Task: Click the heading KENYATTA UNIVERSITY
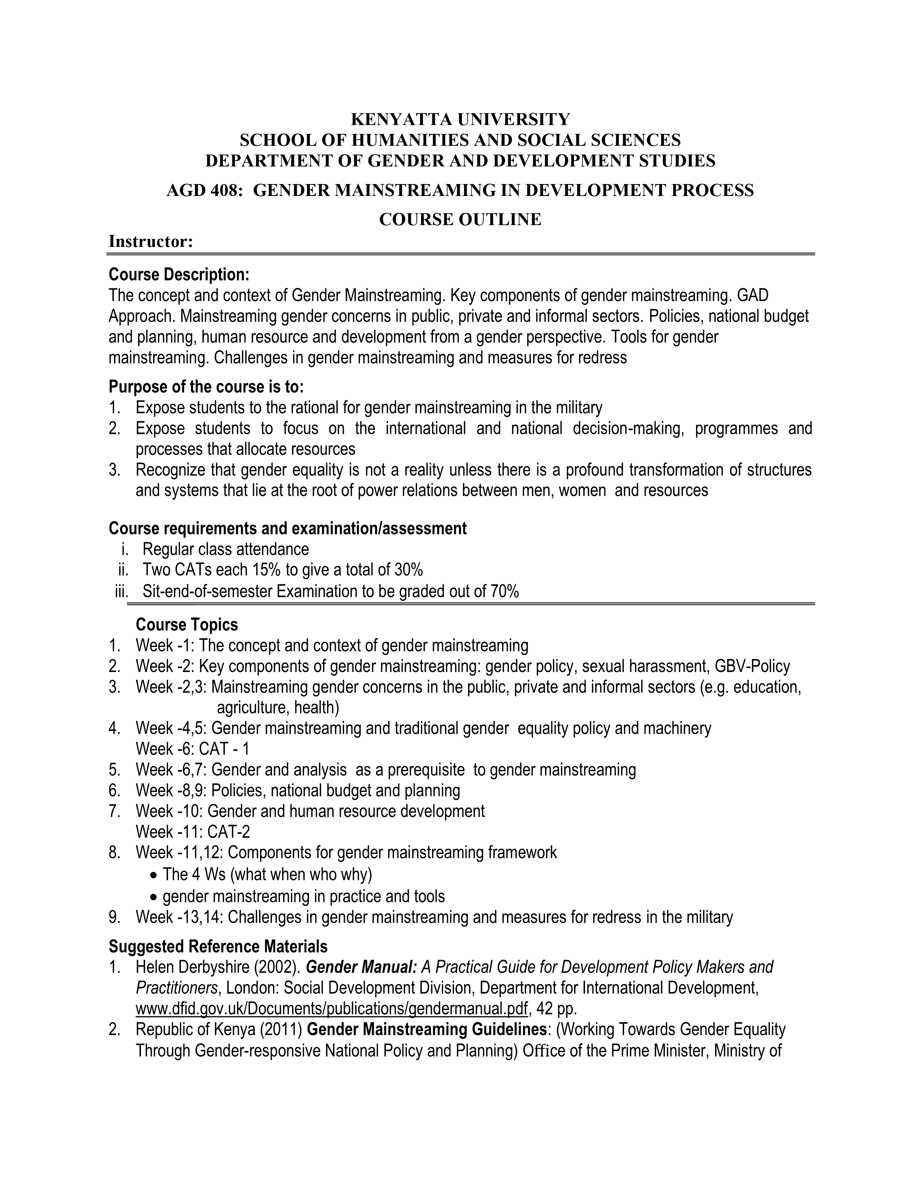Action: pyautogui.click(x=460, y=119)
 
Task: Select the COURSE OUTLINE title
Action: pyautogui.click(x=460, y=219)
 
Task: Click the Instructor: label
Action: pyautogui.click(x=151, y=241)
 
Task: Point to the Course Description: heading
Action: pyautogui.click(x=179, y=274)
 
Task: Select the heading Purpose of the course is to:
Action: pyautogui.click(x=206, y=387)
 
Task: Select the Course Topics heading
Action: pyautogui.click(x=187, y=624)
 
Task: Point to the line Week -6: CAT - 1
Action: pyautogui.click(x=193, y=749)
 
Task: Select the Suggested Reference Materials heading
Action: pyautogui.click(x=218, y=946)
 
